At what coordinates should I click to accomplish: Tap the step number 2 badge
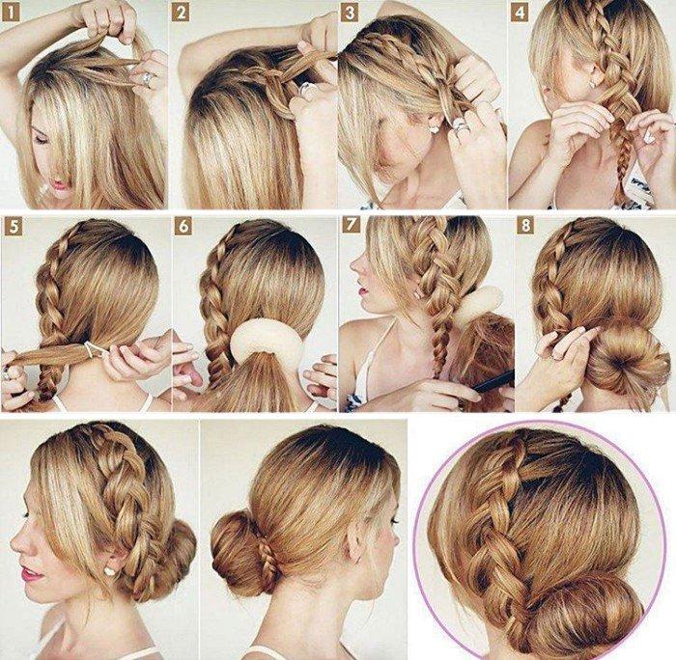[180, 13]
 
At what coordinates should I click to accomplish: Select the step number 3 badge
[348, 13]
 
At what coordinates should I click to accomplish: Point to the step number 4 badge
[520, 13]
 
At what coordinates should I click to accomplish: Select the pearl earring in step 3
[434, 126]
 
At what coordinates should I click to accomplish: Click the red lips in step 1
[57, 184]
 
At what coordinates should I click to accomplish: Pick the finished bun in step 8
[618, 354]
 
